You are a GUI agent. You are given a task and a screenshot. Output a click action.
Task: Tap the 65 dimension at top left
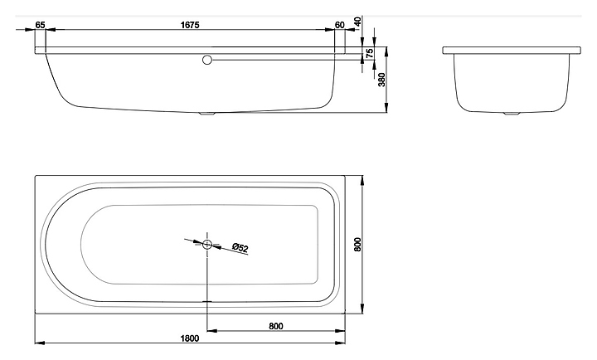point(41,25)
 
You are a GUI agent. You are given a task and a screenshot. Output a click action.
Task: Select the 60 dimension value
point(339,25)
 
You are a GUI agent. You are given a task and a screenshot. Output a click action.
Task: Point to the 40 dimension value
point(357,22)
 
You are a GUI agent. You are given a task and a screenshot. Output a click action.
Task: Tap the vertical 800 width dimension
point(357,245)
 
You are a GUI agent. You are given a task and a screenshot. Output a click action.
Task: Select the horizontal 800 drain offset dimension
point(276,326)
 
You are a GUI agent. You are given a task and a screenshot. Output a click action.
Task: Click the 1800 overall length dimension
point(190,338)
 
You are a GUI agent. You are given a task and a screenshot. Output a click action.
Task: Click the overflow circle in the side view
point(207,59)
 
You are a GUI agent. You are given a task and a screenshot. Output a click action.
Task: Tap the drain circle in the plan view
point(206,244)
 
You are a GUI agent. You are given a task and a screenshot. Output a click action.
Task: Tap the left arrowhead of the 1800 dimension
point(39,343)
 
